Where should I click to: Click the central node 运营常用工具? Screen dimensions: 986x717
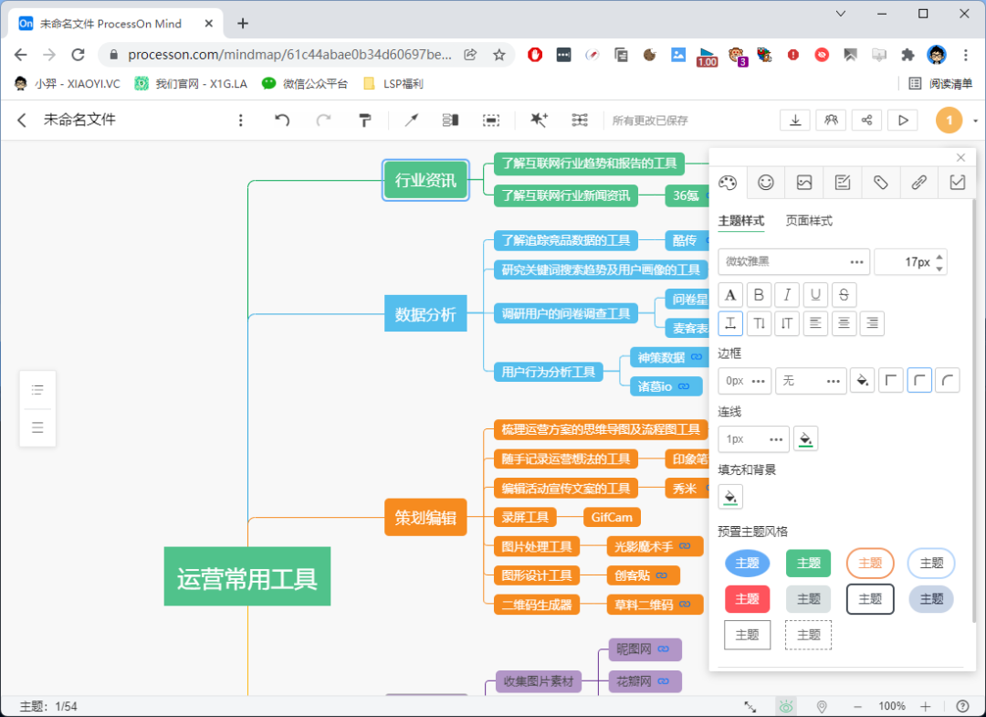pos(247,576)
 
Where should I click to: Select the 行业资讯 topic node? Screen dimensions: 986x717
pos(425,181)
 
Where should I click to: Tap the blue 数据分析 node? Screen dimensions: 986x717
pos(425,313)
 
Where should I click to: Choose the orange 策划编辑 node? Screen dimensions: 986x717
pos(425,517)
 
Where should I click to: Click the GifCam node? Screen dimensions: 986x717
pos(612,517)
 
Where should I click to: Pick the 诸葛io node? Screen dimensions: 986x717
pos(666,386)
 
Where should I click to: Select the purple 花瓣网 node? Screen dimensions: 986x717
pos(645,681)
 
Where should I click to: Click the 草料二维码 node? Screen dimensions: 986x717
pos(655,605)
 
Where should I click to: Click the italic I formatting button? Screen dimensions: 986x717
pos(787,294)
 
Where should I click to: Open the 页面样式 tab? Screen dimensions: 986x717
pos(809,221)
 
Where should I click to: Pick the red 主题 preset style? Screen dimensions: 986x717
pos(747,599)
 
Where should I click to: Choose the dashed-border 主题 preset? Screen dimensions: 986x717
pos(809,635)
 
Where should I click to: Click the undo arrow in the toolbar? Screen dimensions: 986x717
pos(282,120)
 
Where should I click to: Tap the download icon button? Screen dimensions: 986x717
pos(795,121)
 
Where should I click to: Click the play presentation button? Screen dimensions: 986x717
pos(903,121)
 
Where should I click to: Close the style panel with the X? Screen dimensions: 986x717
pos(960,157)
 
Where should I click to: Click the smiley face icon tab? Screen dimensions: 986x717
pos(766,183)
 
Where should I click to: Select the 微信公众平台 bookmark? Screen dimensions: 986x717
pos(305,84)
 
